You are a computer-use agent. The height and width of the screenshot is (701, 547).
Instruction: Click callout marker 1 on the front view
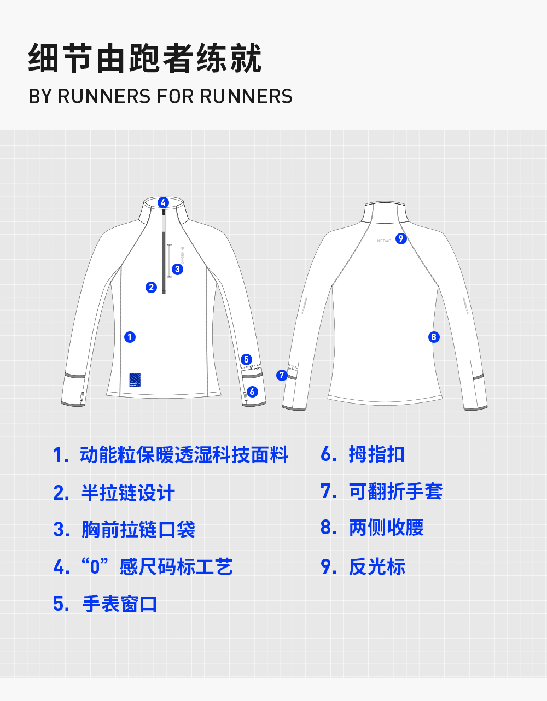pos(130,337)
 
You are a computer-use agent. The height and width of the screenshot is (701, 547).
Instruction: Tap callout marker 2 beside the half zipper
pos(152,287)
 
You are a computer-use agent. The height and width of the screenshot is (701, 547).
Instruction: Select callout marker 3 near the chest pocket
pos(177,269)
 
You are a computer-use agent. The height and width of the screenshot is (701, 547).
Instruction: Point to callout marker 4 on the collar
pos(163,202)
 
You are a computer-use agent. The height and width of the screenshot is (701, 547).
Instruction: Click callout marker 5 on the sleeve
pos(246,359)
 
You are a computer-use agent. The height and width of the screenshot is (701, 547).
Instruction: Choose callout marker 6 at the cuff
pos(252,392)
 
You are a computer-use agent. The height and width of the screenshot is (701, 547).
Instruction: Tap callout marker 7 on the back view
pos(282,375)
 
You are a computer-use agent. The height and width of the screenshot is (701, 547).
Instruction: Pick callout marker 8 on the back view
pos(434,337)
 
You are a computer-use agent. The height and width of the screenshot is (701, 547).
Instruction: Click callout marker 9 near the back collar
pos(401,238)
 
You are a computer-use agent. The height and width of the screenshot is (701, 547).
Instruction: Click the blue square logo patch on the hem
pos(135,379)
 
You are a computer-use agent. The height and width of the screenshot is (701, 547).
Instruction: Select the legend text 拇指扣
pos(376,454)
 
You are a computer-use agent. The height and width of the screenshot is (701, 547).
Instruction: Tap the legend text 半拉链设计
pos(128,493)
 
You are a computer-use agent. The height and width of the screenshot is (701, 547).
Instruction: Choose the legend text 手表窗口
pos(120,604)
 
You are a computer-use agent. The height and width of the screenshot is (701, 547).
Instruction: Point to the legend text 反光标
pos(377,566)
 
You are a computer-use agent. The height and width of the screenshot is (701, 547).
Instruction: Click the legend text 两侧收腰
pos(386,528)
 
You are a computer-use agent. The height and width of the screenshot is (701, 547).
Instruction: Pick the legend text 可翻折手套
pos(395,491)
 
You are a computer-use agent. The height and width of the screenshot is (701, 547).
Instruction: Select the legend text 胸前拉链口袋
pos(138,529)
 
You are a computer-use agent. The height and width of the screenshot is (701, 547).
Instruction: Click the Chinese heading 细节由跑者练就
pos(145,59)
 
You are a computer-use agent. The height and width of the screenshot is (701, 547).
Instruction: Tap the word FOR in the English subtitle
pos(176,97)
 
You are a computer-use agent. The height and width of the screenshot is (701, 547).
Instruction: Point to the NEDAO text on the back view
pos(384,241)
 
